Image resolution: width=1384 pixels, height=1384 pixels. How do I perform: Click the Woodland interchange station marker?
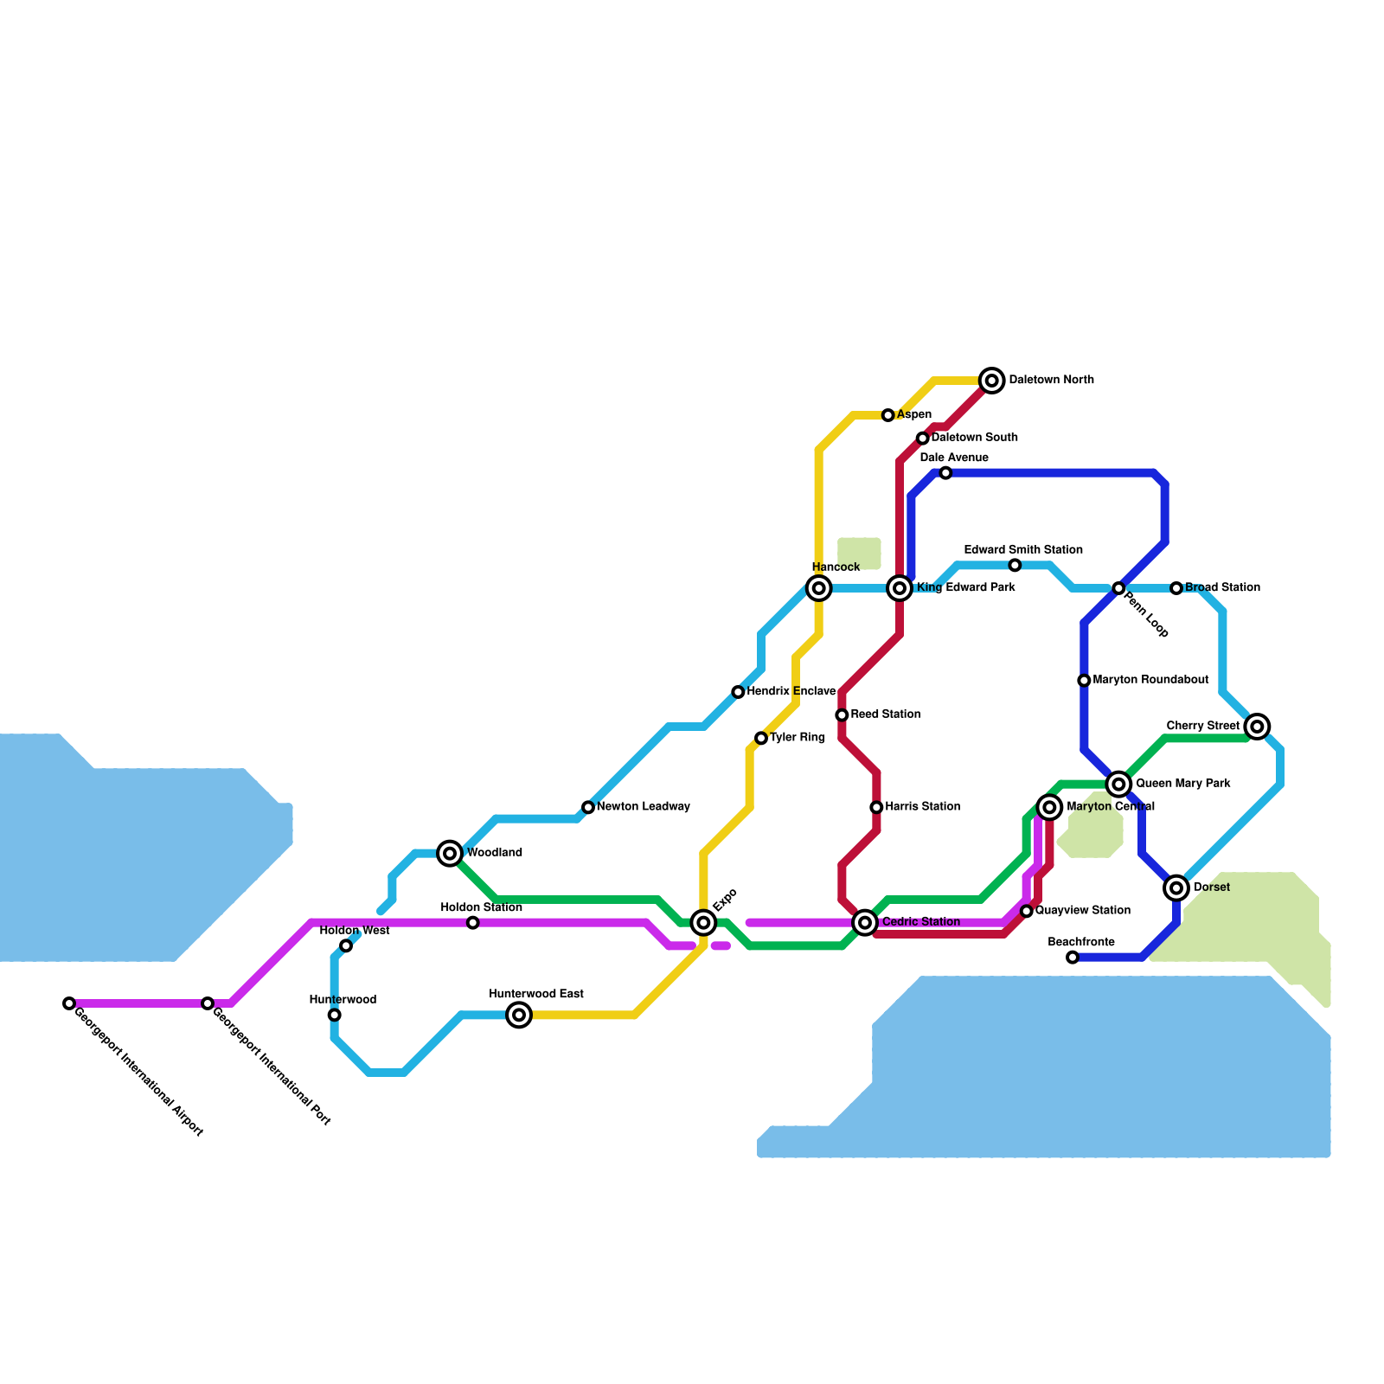[450, 853]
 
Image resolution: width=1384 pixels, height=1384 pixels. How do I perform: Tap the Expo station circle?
[704, 923]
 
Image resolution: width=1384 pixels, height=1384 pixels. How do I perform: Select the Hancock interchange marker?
[818, 588]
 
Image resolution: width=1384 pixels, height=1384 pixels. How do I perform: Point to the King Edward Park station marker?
[900, 588]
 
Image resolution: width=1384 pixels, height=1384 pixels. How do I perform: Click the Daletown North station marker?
[992, 381]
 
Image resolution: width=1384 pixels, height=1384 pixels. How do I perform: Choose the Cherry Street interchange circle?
[1258, 727]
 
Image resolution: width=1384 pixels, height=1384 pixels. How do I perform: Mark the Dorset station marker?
[1176, 887]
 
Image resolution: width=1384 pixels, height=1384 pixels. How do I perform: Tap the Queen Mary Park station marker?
[1119, 784]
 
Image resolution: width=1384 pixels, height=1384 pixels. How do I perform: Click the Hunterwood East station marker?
[519, 1015]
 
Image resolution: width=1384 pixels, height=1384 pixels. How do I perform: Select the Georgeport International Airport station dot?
[69, 1003]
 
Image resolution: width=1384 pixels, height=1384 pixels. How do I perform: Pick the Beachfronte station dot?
[1073, 957]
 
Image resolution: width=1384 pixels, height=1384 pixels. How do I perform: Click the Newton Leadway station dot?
[588, 807]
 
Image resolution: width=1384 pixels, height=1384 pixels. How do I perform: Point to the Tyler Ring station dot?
[761, 738]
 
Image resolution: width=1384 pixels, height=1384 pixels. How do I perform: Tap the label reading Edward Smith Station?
[1023, 550]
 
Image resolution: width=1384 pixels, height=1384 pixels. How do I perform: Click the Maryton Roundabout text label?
[1150, 680]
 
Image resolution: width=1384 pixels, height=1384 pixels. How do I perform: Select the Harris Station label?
[922, 807]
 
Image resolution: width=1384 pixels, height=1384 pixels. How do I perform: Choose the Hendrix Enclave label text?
[791, 692]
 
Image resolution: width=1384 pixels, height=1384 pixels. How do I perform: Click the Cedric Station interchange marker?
[865, 922]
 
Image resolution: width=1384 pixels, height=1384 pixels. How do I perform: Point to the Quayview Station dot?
[1027, 911]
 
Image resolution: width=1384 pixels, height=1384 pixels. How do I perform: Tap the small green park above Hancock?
[859, 554]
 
